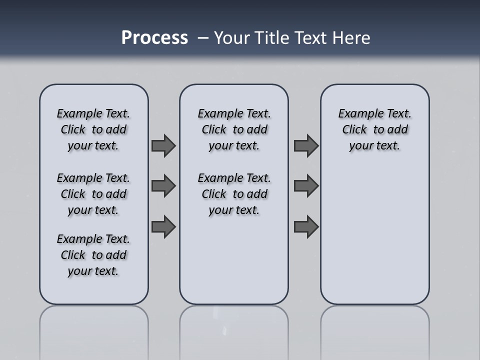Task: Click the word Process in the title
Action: (x=154, y=38)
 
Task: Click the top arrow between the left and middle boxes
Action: (x=163, y=145)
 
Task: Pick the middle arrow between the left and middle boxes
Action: (x=163, y=186)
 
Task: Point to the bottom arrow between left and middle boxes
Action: (x=163, y=227)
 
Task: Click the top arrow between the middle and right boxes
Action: (x=306, y=145)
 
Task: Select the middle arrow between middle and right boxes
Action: (x=306, y=186)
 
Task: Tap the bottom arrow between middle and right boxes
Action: (x=306, y=227)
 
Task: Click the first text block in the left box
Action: (x=93, y=129)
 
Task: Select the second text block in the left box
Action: (x=93, y=194)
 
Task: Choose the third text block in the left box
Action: (x=93, y=255)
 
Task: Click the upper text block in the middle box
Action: (x=234, y=129)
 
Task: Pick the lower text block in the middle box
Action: (x=234, y=194)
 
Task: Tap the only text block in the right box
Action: (x=375, y=129)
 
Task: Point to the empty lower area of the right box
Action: (x=375, y=235)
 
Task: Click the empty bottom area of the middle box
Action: (x=234, y=265)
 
